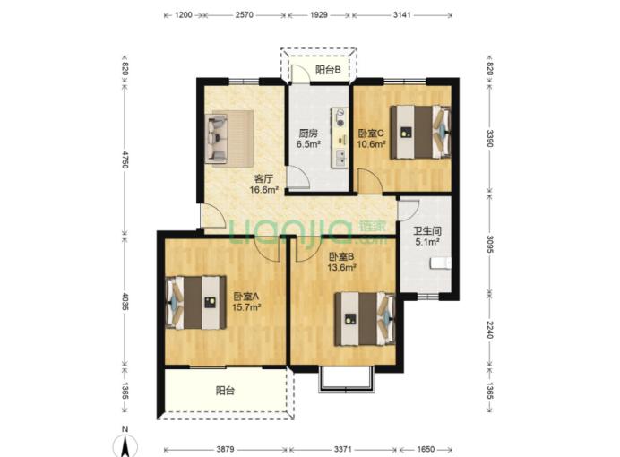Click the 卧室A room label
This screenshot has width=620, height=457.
(x=246, y=296)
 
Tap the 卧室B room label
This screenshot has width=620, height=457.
(x=341, y=257)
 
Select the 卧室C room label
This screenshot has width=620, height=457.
(x=371, y=134)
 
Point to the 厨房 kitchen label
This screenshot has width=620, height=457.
(x=308, y=134)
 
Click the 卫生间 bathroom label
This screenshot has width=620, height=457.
(x=427, y=231)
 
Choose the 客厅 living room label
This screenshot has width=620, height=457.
(x=263, y=178)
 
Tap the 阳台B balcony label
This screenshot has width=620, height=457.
(x=328, y=70)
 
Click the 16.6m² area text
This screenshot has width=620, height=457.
(x=263, y=190)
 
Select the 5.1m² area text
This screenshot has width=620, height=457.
(x=428, y=242)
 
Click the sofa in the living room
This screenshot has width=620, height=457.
(x=217, y=139)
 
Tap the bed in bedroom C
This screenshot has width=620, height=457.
(x=420, y=133)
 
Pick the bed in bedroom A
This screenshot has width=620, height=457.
(x=195, y=303)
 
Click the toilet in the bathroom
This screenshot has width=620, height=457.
(x=441, y=263)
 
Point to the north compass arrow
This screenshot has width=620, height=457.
(x=125, y=446)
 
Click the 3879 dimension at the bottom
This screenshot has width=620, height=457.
(x=226, y=450)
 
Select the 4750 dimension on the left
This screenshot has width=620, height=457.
(x=125, y=160)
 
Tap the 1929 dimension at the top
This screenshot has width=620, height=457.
(x=319, y=15)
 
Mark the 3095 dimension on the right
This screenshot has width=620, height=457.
(x=490, y=245)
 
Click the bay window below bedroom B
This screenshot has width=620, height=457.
(x=346, y=379)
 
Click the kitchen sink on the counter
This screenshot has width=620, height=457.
(x=340, y=158)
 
